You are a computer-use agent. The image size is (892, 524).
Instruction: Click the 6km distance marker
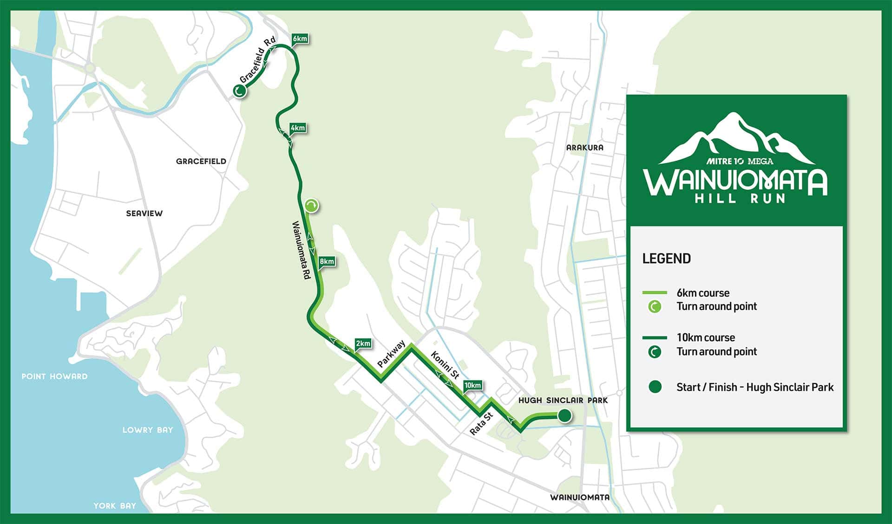pyautogui.click(x=300, y=39)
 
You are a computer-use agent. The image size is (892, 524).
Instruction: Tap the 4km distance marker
pyautogui.click(x=298, y=128)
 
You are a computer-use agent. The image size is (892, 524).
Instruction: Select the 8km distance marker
pyautogui.click(x=327, y=262)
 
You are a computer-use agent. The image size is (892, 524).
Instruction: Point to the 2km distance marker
pyautogui.click(x=363, y=343)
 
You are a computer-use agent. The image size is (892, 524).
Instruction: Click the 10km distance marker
pyautogui.click(x=472, y=385)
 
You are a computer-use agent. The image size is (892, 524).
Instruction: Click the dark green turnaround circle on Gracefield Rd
pyautogui.click(x=240, y=91)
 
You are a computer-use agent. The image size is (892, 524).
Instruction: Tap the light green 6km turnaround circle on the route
pyautogui.click(x=312, y=205)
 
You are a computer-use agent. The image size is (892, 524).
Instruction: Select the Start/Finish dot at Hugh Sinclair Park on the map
pyautogui.click(x=564, y=415)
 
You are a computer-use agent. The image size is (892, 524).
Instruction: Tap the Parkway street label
pyautogui.click(x=391, y=354)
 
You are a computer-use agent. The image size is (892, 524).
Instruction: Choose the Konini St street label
pyautogui.click(x=445, y=365)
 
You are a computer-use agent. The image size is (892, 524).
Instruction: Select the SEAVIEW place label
pyautogui.click(x=144, y=213)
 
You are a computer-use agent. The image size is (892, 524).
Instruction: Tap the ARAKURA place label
pyautogui.click(x=584, y=148)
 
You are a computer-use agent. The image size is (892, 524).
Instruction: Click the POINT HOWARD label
pyautogui.click(x=54, y=376)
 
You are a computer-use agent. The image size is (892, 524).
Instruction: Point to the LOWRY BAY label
pyautogui.click(x=147, y=430)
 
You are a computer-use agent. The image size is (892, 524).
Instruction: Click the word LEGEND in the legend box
pyautogui.click(x=666, y=259)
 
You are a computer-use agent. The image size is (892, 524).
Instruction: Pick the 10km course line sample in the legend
pyautogui.click(x=655, y=337)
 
